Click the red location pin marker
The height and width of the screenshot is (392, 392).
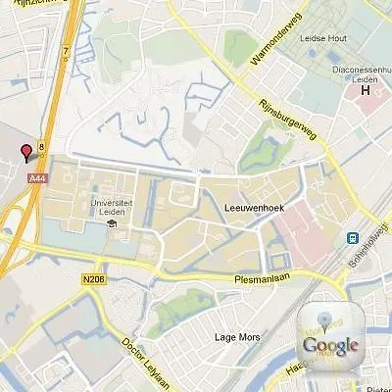point(26,152)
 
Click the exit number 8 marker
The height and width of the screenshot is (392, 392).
point(42,149)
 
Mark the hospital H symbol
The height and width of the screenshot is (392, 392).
point(367,91)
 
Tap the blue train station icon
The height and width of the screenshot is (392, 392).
point(351,238)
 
